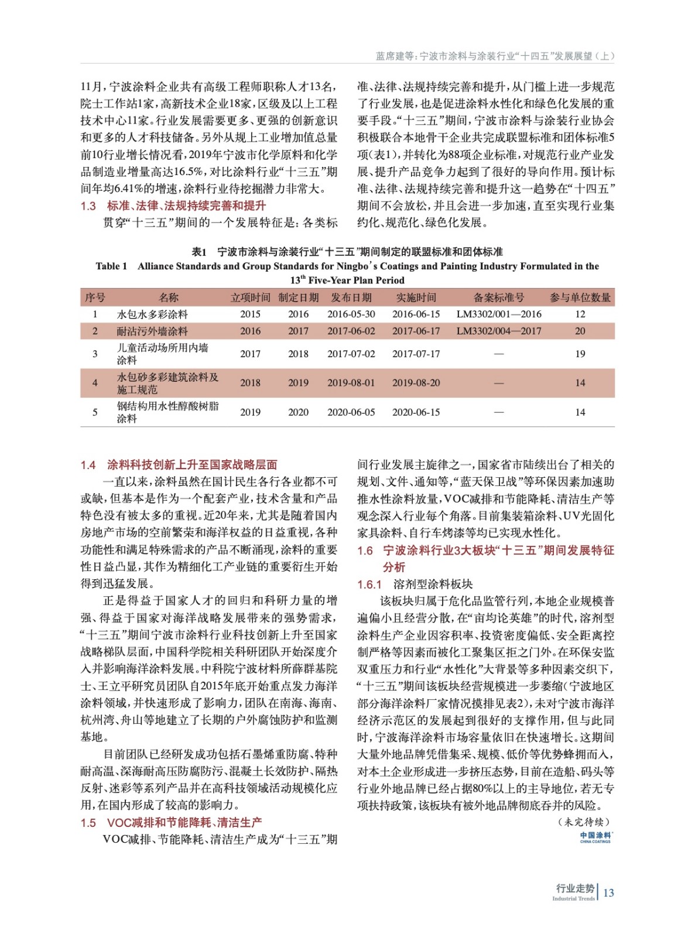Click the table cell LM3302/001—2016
(x=499, y=314)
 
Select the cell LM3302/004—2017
(x=499, y=331)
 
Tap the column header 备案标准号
(x=499, y=297)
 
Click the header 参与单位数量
(x=580, y=297)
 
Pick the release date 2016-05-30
(x=351, y=314)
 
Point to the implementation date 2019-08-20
(x=416, y=383)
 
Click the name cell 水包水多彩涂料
(x=152, y=314)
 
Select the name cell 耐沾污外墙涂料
(x=152, y=331)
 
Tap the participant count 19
(x=580, y=354)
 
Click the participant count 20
(x=580, y=331)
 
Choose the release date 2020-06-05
(x=351, y=412)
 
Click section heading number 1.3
(x=88, y=206)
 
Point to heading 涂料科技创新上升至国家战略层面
(x=192, y=465)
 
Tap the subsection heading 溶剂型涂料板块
(x=433, y=584)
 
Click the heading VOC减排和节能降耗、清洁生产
(x=184, y=823)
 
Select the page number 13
(x=608, y=892)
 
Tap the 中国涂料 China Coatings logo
(x=595, y=837)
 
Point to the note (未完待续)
(x=584, y=822)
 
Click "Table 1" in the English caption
(x=111, y=266)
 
